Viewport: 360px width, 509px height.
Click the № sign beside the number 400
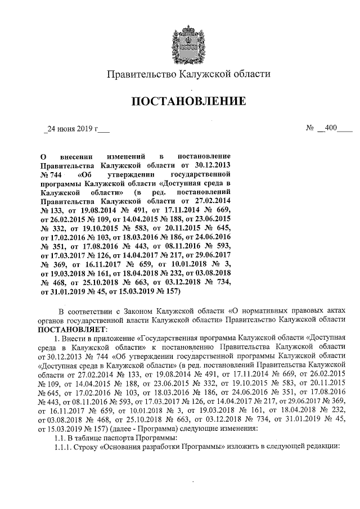[309, 128]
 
